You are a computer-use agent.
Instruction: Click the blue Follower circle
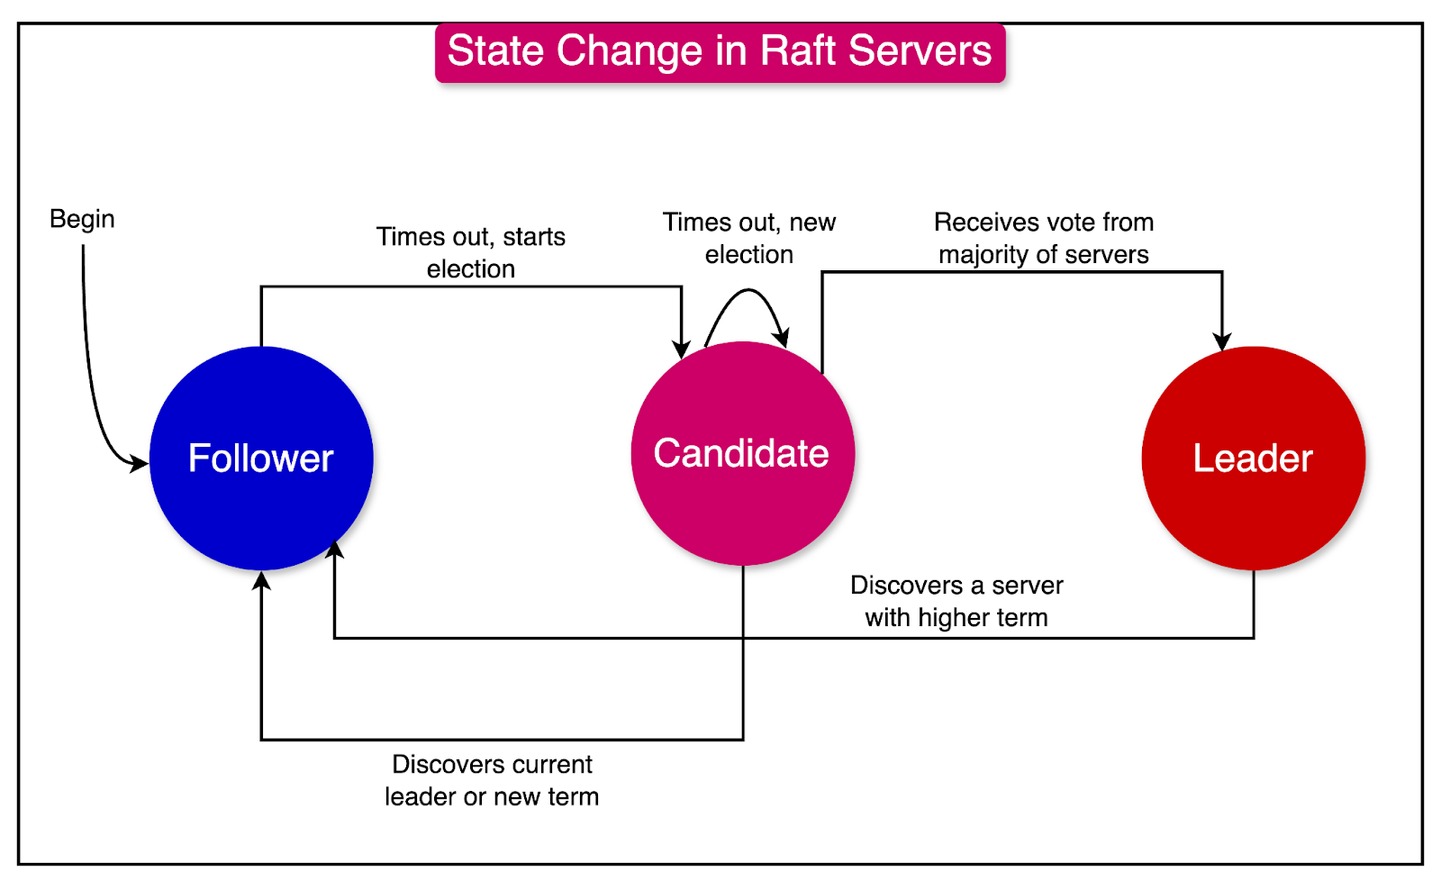click(x=261, y=458)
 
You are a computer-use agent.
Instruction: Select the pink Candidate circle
click(x=742, y=453)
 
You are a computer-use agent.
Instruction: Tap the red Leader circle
click(x=1253, y=458)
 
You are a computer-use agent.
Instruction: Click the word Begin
click(x=82, y=219)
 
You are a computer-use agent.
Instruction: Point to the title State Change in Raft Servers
click(x=720, y=51)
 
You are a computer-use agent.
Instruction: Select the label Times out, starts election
click(x=470, y=252)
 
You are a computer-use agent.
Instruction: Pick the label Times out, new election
click(x=748, y=238)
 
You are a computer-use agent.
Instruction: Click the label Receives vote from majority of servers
click(x=1043, y=238)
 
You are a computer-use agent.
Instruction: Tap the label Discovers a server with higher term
click(x=956, y=601)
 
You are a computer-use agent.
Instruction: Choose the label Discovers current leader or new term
click(x=492, y=780)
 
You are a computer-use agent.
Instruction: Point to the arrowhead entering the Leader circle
click(x=1222, y=341)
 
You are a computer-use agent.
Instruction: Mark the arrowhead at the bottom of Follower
click(x=261, y=581)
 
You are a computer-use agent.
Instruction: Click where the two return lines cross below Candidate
click(x=743, y=638)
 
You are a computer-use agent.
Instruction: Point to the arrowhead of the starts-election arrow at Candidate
click(x=682, y=349)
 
